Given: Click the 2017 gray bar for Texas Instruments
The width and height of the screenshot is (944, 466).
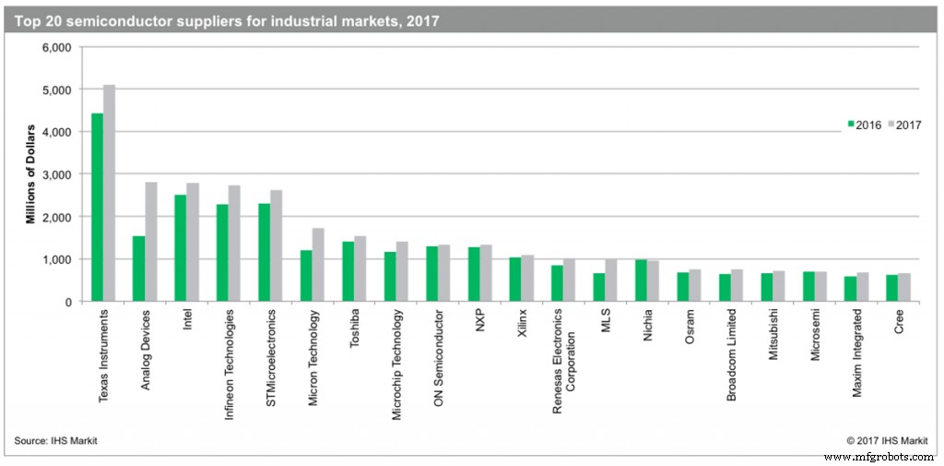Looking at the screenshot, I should (x=109, y=194).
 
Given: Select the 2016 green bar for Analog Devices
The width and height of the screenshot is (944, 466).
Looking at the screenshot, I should (x=138, y=269).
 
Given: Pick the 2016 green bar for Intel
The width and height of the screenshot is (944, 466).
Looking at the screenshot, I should (x=180, y=248).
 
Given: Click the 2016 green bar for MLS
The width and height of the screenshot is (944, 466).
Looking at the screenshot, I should (x=599, y=287).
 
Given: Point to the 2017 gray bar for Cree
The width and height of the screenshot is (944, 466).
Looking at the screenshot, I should (x=904, y=287).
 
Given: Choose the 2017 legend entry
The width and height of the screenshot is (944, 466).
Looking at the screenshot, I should (x=903, y=125).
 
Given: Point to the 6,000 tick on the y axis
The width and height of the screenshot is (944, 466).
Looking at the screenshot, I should (x=57, y=48).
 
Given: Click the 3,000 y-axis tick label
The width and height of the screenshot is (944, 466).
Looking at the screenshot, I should (x=57, y=174).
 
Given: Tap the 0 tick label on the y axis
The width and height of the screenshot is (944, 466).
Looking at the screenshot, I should (x=68, y=302).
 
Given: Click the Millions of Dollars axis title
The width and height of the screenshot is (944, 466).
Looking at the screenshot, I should (x=29, y=173).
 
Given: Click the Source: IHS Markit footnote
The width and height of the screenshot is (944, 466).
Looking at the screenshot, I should (x=55, y=441).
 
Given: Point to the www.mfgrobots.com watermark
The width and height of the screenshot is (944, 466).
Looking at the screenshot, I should (x=881, y=457).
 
